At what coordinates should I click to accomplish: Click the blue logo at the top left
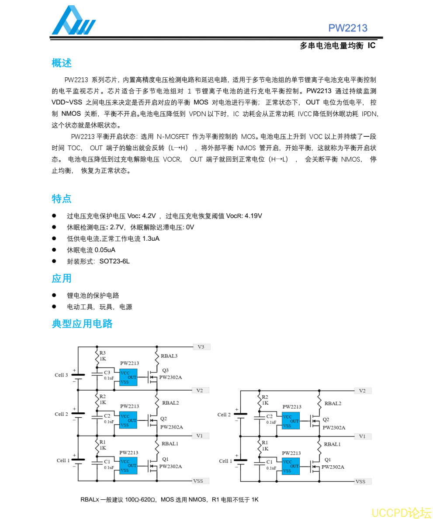click(x=73, y=21)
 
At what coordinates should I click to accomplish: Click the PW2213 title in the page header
click(x=348, y=28)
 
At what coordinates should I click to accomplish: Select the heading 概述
click(x=62, y=63)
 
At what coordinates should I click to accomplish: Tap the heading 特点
click(x=62, y=199)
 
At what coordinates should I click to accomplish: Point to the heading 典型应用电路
click(x=82, y=324)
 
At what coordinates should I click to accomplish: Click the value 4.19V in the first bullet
click(x=253, y=216)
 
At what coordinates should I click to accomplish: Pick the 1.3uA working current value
click(x=151, y=239)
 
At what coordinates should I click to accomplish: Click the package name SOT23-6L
click(x=114, y=261)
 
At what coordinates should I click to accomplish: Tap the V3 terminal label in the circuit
click(x=201, y=347)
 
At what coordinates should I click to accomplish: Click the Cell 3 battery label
click(x=61, y=375)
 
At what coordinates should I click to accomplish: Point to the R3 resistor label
click(x=102, y=353)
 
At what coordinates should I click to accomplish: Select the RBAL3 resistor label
click(x=169, y=356)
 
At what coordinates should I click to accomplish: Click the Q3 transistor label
click(x=165, y=370)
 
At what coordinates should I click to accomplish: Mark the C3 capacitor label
click(x=107, y=372)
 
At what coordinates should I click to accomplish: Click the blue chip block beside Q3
click(x=128, y=377)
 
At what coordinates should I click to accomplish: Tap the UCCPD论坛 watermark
click(x=401, y=512)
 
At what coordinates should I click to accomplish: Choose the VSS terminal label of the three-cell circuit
click(x=198, y=481)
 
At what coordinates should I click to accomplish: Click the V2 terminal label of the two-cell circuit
click(x=362, y=391)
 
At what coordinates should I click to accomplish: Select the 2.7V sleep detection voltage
click(x=117, y=227)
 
